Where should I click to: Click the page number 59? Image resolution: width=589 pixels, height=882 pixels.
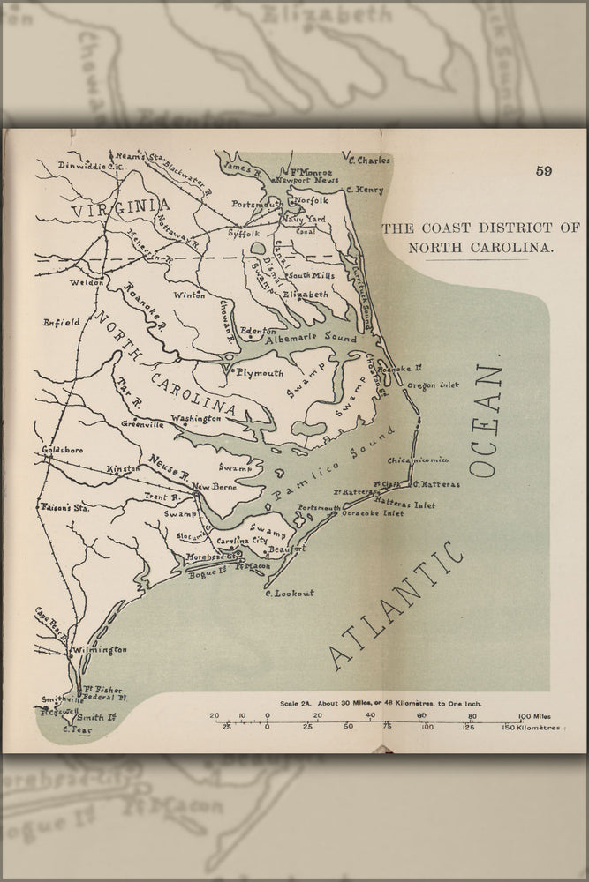click(x=543, y=171)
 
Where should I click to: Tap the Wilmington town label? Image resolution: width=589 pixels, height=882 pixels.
click(x=100, y=650)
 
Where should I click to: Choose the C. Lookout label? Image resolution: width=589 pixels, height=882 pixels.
click(x=289, y=593)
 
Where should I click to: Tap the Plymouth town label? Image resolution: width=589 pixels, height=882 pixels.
click(x=259, y=373)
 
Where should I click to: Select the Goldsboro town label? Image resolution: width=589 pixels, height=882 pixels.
click(x=62, y=450)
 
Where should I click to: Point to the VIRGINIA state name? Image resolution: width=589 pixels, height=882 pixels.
click(x=121, y=208)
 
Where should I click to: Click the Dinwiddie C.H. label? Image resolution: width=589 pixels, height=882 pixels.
click(x=88, y=165)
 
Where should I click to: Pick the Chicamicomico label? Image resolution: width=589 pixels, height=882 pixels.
click(x=418, y=460)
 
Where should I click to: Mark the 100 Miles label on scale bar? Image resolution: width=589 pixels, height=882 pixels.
click(x=535, y=715)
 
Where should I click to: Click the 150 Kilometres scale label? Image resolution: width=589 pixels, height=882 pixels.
click(x=530, y=728)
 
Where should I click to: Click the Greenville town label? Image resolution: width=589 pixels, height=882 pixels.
click(x=142, y=424)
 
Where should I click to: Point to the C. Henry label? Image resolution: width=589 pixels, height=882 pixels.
click(x=365, y=190)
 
